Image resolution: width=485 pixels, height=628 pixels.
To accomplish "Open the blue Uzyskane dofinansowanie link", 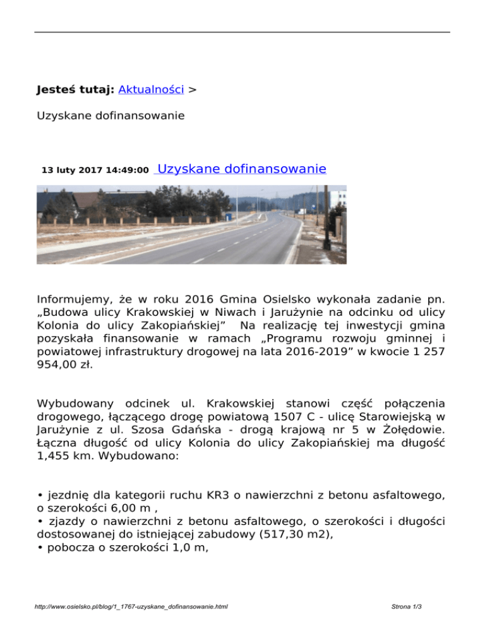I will [x=241, y=169].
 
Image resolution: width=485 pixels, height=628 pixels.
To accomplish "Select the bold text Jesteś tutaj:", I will [x=75, y=90].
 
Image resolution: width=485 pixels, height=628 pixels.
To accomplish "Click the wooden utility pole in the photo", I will [x=326, y=215].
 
